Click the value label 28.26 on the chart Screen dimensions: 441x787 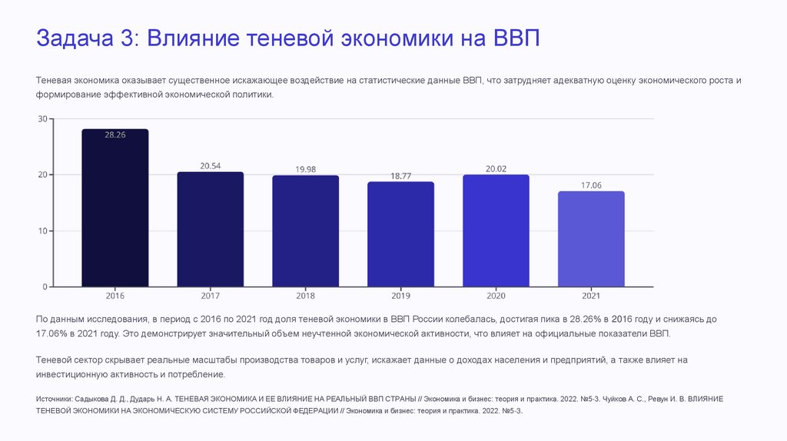pos(115,135)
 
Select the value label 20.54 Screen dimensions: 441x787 pos(211,166)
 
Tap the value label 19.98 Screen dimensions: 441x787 pos(306,169)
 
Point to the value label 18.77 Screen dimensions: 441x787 pos(400,176)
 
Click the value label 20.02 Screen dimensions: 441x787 pos(496,169)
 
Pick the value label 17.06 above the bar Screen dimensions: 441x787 pos(591,185)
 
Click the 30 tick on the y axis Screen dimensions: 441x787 pos(42,119)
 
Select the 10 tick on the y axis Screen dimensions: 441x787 pos(42,230)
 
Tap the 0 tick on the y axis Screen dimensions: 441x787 pos(45,287)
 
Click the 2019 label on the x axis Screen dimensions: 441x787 pos(400,296)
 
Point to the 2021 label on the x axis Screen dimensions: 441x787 pos(591,296)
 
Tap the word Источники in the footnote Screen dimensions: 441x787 pos(55,400)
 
